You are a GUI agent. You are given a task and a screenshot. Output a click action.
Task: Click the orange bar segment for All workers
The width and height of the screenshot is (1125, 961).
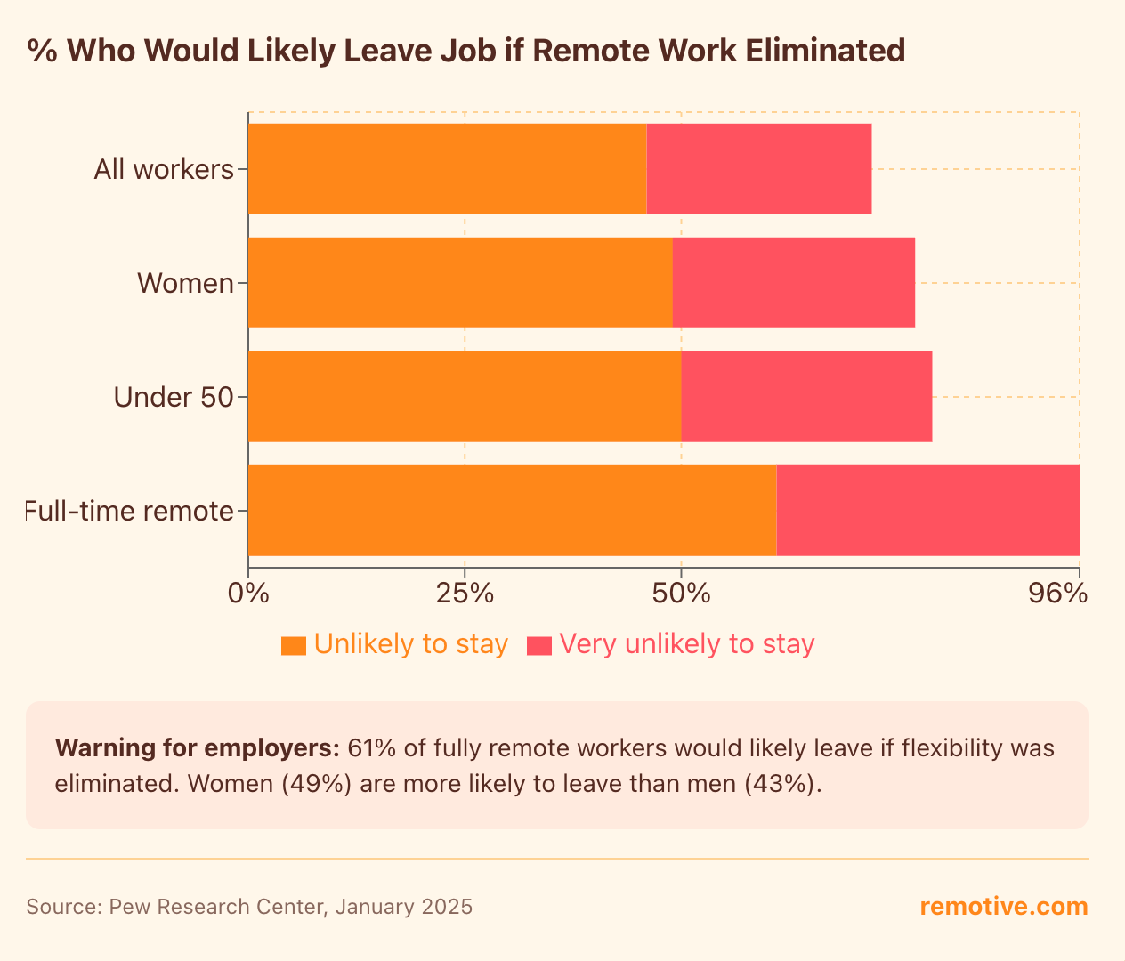pos(447,169)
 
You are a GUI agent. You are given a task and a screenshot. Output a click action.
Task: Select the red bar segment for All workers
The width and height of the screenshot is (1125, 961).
pos(758,169)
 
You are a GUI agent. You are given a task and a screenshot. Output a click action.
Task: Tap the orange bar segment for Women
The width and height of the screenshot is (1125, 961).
pos(460,283)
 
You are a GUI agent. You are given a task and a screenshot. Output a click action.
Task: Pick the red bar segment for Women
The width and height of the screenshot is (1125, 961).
pos(793,283)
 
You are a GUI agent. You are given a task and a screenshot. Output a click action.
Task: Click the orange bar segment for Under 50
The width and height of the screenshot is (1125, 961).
pos(465,397)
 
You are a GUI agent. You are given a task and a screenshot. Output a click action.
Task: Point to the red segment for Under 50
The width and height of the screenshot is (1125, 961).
pos(806,397)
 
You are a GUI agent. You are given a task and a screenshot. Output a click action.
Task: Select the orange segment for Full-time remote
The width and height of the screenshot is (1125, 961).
pos(512,511)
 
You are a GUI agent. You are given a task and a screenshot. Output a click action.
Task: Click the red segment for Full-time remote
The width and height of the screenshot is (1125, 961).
pos(927,511)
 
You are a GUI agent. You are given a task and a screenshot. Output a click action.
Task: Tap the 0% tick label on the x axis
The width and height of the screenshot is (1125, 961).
pos(248,594)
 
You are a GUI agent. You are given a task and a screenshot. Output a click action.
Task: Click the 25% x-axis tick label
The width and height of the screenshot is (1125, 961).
pos(465,594)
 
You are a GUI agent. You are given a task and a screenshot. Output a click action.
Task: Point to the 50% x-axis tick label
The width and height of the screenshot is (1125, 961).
pos(681,594)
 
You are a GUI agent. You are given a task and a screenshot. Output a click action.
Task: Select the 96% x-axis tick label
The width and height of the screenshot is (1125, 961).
pos(1057,594)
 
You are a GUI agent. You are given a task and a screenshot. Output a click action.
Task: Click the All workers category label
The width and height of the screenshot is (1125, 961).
pos(164,169)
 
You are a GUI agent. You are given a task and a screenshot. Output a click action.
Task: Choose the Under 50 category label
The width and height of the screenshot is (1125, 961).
pos(174,397)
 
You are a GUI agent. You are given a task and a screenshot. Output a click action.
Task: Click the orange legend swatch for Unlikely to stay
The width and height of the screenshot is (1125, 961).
pos(293,645)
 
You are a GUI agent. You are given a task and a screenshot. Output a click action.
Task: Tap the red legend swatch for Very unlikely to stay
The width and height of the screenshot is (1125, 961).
pos(539,645)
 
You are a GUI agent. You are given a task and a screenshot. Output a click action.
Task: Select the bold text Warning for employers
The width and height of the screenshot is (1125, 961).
pos(197,748)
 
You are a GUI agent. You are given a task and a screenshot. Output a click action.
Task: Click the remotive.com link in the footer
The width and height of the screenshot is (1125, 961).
pos(1003,907)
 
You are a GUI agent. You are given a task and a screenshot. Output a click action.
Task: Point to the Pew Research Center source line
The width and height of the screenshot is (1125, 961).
pos(249,907)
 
